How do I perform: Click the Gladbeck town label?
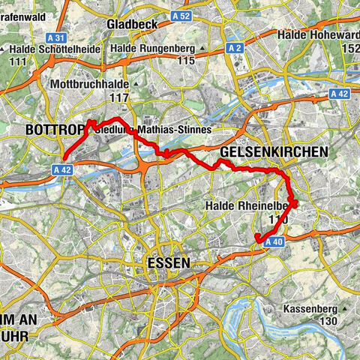click(x=129, y=24)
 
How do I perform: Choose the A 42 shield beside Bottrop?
click(x=64, y=170)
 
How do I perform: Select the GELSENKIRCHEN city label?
click(x=274, y=152)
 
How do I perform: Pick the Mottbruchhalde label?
click(x=90, y=85)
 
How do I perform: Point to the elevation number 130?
click(x=328, y=321)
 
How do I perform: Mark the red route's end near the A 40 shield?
click(x=257, y=238)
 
